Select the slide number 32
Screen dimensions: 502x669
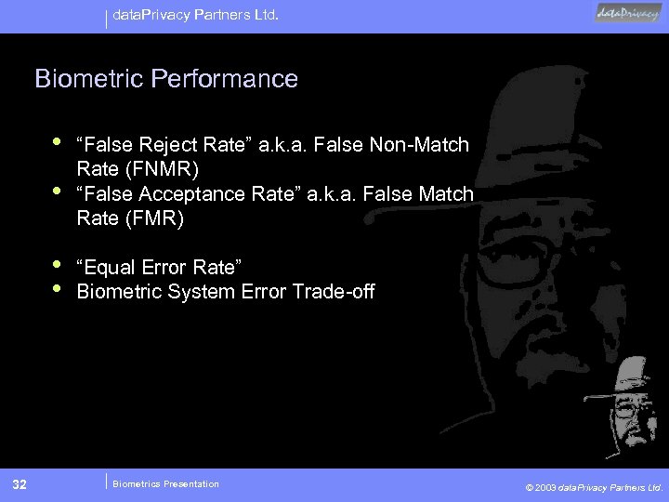[20, 483]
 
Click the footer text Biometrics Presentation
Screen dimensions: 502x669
[165, 483]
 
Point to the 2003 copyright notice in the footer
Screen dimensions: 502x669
[594, 485]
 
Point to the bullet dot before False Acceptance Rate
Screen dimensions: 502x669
[59, 192]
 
